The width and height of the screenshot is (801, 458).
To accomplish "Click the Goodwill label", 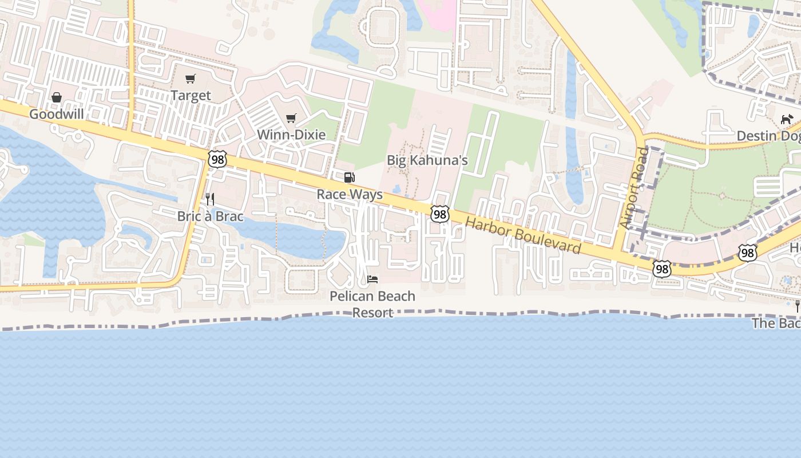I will pyautogui.click(x=56, y=114).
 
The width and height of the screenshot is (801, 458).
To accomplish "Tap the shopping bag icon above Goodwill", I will pyautogui.click(x=57, y=98).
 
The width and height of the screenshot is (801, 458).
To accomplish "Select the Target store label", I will pyautogui.click(x=191, y=96).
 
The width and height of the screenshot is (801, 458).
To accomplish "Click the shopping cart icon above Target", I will pyautogui.click(x=190, y=79).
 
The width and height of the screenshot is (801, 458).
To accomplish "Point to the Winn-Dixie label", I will pyautogui.click(x=291, y=135).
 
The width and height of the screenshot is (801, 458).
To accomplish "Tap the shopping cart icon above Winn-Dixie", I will pyautogui.click(x=291, y=119).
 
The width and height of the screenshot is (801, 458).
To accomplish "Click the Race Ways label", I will pyautogui.click(x=350, y=194).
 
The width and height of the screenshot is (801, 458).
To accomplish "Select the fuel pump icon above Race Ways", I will pyautogui.click(x=349, y=177).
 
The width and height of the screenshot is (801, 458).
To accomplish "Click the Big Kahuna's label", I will pyautogui.click(x=427, y=160).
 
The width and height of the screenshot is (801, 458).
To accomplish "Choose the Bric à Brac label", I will pyautogui.click(x=210, y=216).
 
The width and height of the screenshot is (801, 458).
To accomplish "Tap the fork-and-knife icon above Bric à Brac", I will pyautogui.click(x=210, y=199).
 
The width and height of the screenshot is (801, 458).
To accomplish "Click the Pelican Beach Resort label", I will pyautogui.click(x=372, y=304).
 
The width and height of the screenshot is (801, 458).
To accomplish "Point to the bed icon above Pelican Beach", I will pyautogui.click(x=372, y=279).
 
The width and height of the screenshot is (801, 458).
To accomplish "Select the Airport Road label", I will pyautogui.click(x=634, y=188).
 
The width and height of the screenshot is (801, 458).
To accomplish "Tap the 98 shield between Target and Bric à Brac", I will pyautogui.click(x=217, y=159).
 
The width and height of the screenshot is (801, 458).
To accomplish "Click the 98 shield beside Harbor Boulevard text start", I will pyautogui.click(x=439, y=214).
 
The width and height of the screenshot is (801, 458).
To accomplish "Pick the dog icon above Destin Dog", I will pyautogui.click(x=787, y=119).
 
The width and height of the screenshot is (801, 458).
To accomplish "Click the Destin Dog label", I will pyautogui.click(x=768, y=136).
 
